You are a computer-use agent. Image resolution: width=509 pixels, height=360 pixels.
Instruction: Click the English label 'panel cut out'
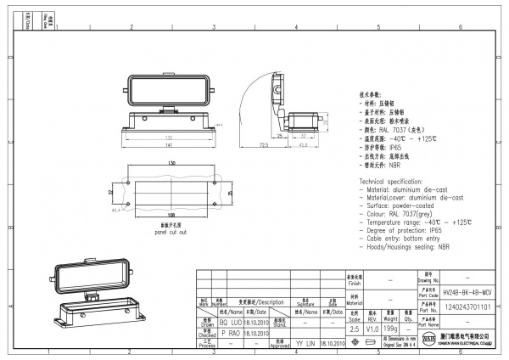point(170,232)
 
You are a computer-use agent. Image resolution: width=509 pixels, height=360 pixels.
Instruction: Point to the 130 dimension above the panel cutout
point(171,161)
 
